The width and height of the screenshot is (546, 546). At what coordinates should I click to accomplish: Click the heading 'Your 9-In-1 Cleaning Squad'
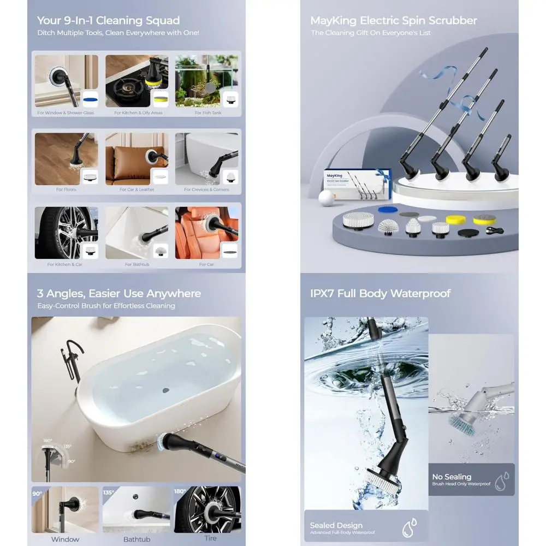(x=108, y=21)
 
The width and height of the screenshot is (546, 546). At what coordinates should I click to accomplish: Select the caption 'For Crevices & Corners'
(x=206, y=189)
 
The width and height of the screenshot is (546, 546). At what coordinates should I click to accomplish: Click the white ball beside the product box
(x=326, y=197)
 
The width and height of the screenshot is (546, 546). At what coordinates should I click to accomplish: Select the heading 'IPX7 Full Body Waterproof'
(x=380, y=294)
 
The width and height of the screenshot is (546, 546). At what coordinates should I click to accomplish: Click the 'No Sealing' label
(x=452, y=477)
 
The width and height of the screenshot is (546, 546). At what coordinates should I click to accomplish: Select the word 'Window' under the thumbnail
(x=65, y=539)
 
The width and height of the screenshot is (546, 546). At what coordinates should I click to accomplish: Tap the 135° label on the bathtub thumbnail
(x=108, y=492)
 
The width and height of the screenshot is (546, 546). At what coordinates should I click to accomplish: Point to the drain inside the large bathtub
(x=165, y=390)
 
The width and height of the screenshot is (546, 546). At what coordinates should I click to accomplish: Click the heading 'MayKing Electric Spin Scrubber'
(x=393, y=21)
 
